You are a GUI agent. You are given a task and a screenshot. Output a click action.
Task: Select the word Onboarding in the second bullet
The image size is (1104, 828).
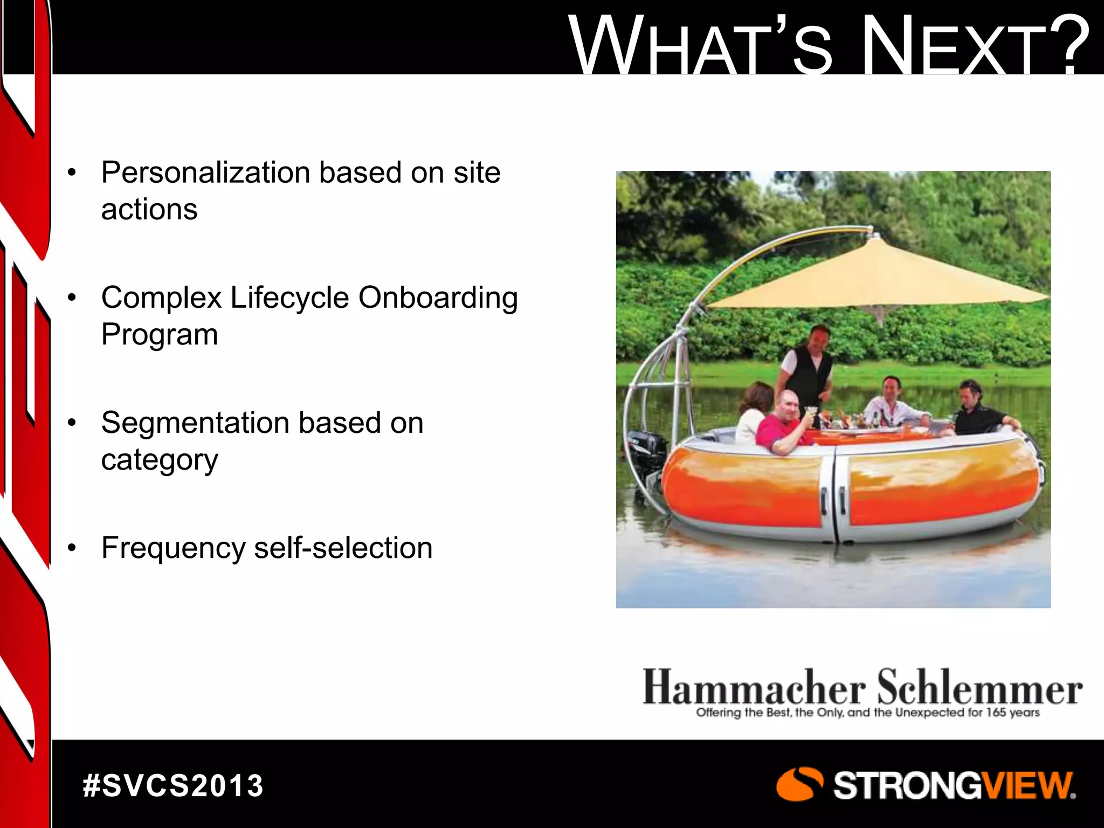438,298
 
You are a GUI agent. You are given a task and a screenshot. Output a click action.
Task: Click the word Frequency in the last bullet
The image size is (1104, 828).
173,549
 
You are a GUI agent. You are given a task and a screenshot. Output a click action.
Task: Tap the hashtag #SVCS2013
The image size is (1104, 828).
173,785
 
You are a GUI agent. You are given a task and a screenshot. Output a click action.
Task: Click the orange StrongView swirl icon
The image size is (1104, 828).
799,784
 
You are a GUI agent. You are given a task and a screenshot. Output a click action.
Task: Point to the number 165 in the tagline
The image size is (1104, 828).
997,713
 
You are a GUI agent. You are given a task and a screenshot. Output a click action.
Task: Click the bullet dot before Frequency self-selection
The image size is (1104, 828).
72,549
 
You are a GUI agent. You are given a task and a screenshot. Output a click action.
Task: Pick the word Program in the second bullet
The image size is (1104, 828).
160,335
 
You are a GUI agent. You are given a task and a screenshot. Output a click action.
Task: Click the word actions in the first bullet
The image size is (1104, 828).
149,210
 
